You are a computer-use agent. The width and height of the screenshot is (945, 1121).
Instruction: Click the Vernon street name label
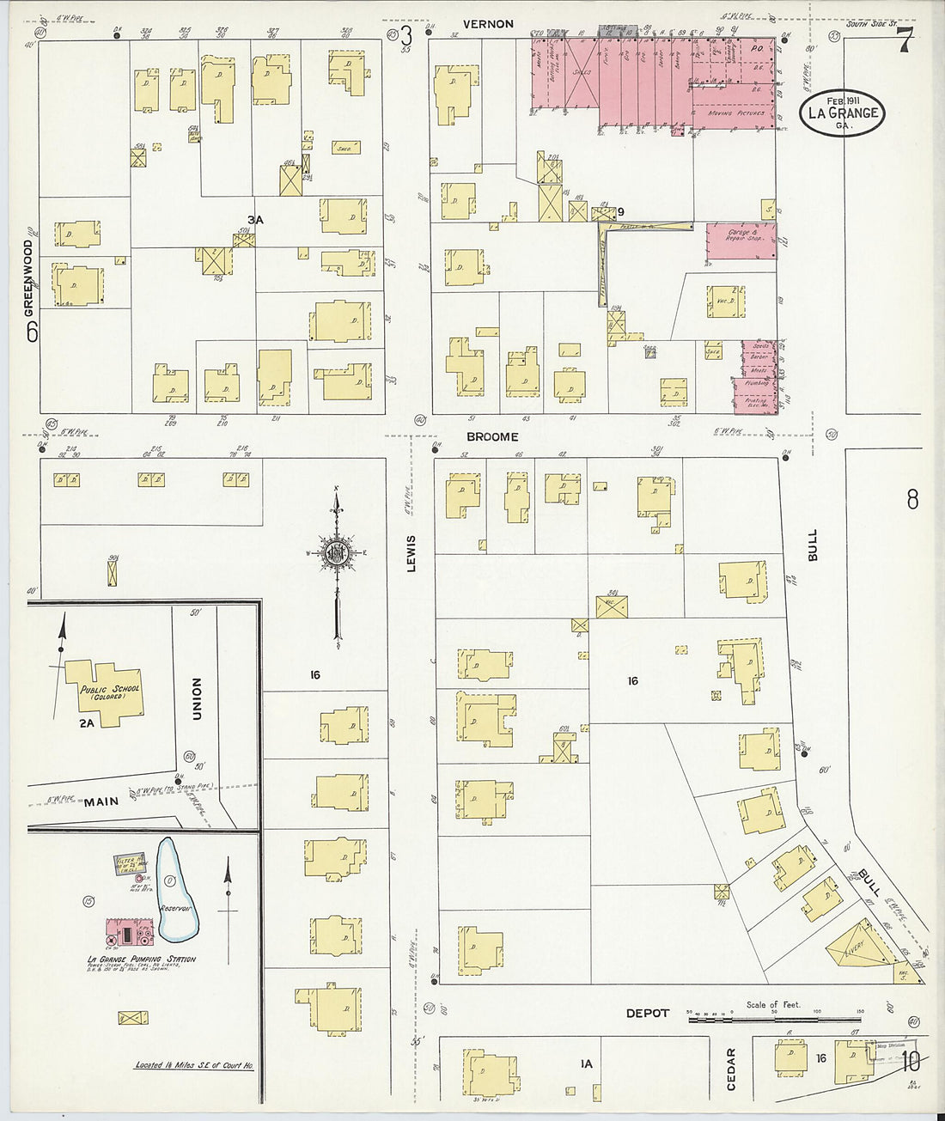click(488, 24)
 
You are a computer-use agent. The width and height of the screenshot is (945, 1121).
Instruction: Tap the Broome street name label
click(492, 436)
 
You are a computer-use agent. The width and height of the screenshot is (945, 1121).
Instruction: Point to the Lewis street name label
click(411, 554)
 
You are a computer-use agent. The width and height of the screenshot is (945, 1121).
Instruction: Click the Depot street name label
click(647, 1014)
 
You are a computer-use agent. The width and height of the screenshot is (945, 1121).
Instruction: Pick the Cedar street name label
click(732, 1069)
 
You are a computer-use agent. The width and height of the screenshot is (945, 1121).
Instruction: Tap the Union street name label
click(197, 698)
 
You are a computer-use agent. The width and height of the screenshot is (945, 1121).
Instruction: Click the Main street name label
click(101, 801)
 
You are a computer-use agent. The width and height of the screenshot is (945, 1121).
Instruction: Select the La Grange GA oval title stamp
click(843, 112)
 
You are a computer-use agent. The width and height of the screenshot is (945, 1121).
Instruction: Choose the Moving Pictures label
click(733, 113)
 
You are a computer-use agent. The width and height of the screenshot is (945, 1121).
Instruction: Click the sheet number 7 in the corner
click(904, 41)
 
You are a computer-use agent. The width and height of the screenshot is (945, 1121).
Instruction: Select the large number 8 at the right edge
click(911, 498)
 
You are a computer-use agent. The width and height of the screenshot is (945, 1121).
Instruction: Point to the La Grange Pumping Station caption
click(141, 960)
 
